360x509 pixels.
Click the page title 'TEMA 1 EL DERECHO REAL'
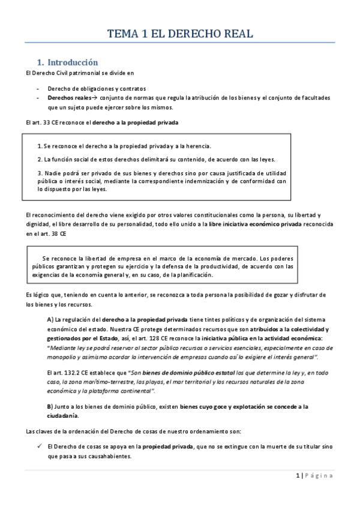pyautogui.click(x=180, y=34)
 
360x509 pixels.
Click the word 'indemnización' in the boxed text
pyautogui.click(x=209, y=180)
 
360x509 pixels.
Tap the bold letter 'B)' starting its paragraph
pyautogui.click(x=50, y=406)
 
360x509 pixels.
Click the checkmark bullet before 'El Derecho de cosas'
pyautogui.click(x=38, y=446)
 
